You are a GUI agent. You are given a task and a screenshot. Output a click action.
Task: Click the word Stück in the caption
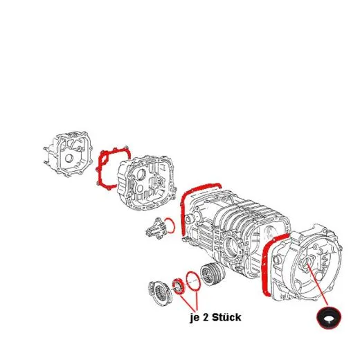click(226, 317)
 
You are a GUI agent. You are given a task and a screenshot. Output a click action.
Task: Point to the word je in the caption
click(195, 318)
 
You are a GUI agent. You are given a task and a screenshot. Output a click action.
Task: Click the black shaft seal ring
click(329, 317)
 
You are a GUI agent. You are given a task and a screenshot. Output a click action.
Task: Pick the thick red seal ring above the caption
click(179, 287)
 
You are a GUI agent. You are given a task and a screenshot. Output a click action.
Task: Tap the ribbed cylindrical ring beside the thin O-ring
click(213, 274)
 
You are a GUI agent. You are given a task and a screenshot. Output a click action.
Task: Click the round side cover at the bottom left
click(160, 293)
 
